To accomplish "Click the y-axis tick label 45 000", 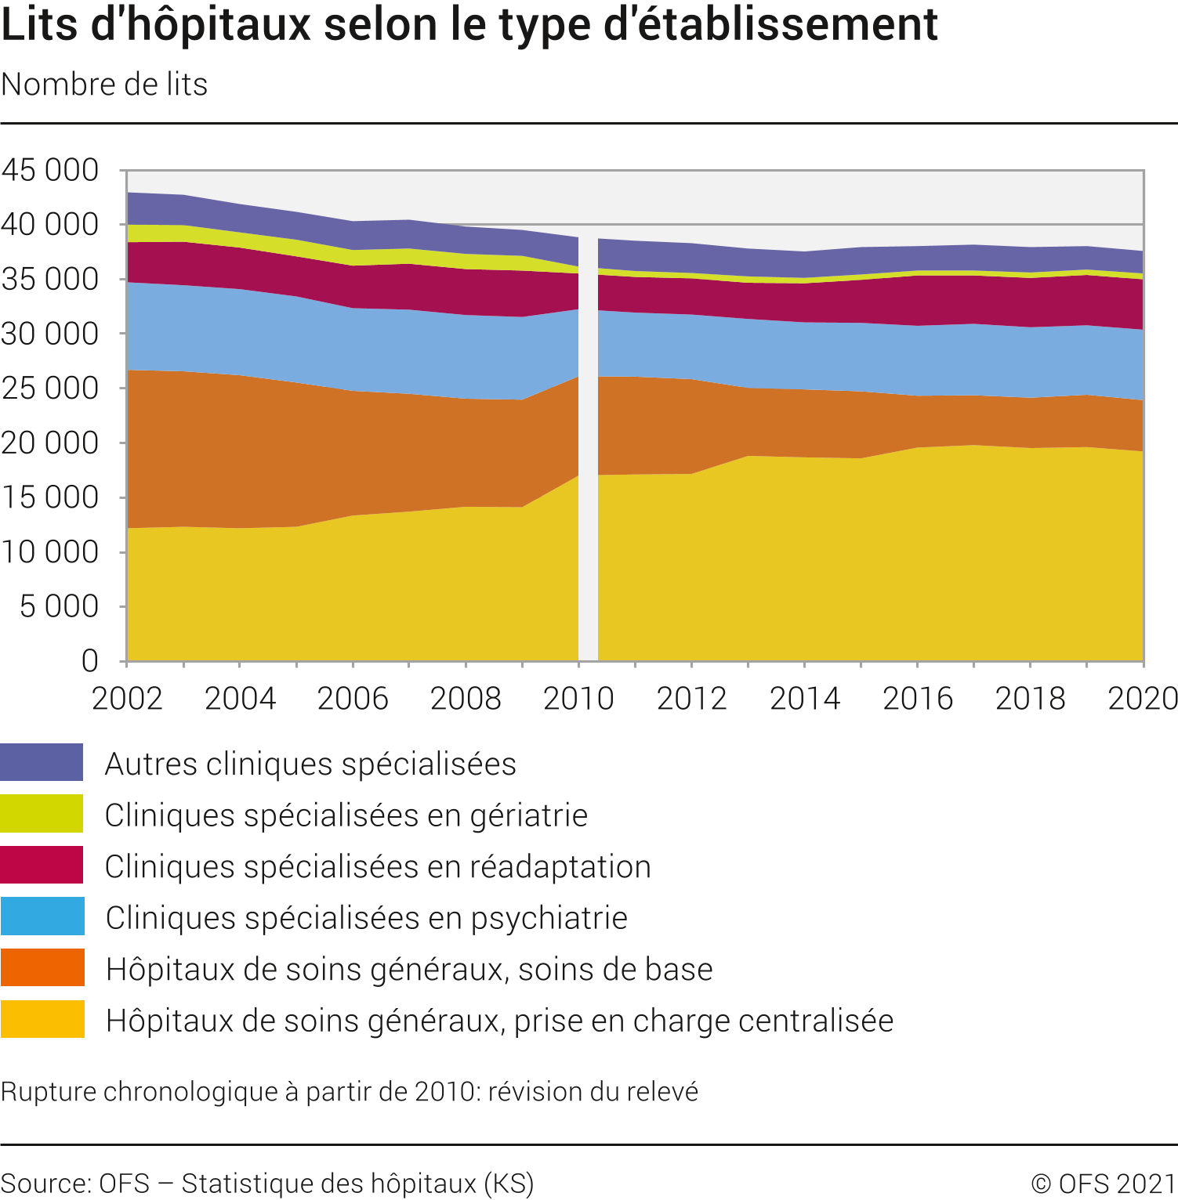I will (50, 170).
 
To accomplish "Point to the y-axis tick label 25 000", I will (50, 389).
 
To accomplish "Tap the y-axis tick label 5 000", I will (60, 606).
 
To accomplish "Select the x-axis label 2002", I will (127, 699).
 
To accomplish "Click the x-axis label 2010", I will (578, 699).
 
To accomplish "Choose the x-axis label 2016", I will (917, 699).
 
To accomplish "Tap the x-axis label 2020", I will (1142, 699).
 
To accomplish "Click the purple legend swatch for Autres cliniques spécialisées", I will (42, 762).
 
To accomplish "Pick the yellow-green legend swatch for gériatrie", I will (42, 814).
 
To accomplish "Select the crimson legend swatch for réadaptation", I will (42, 865).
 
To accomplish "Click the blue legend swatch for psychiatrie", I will (42, 916).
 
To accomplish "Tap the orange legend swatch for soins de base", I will (42, 968).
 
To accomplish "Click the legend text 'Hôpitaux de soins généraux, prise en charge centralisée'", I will (499, 1021).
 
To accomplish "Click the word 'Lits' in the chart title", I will (39, 24).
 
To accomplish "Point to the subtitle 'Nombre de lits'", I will (104, 85).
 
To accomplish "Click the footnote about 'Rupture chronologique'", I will (350, 1092).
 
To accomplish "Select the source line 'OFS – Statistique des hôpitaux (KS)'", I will (267, 1184).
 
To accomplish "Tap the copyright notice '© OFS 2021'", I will (1104, 1184).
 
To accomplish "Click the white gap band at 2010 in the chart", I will (588, 470).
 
